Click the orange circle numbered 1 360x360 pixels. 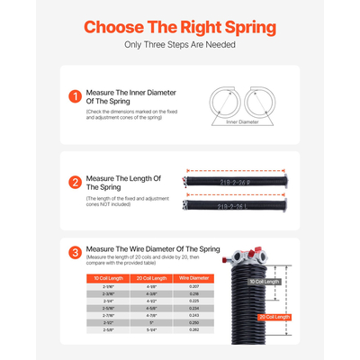tap(75, 95)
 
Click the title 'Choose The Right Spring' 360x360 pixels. tap(180, 27)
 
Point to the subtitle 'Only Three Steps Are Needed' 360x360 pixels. tap(180, 45)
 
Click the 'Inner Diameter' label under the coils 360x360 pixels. tap(244, 122)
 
